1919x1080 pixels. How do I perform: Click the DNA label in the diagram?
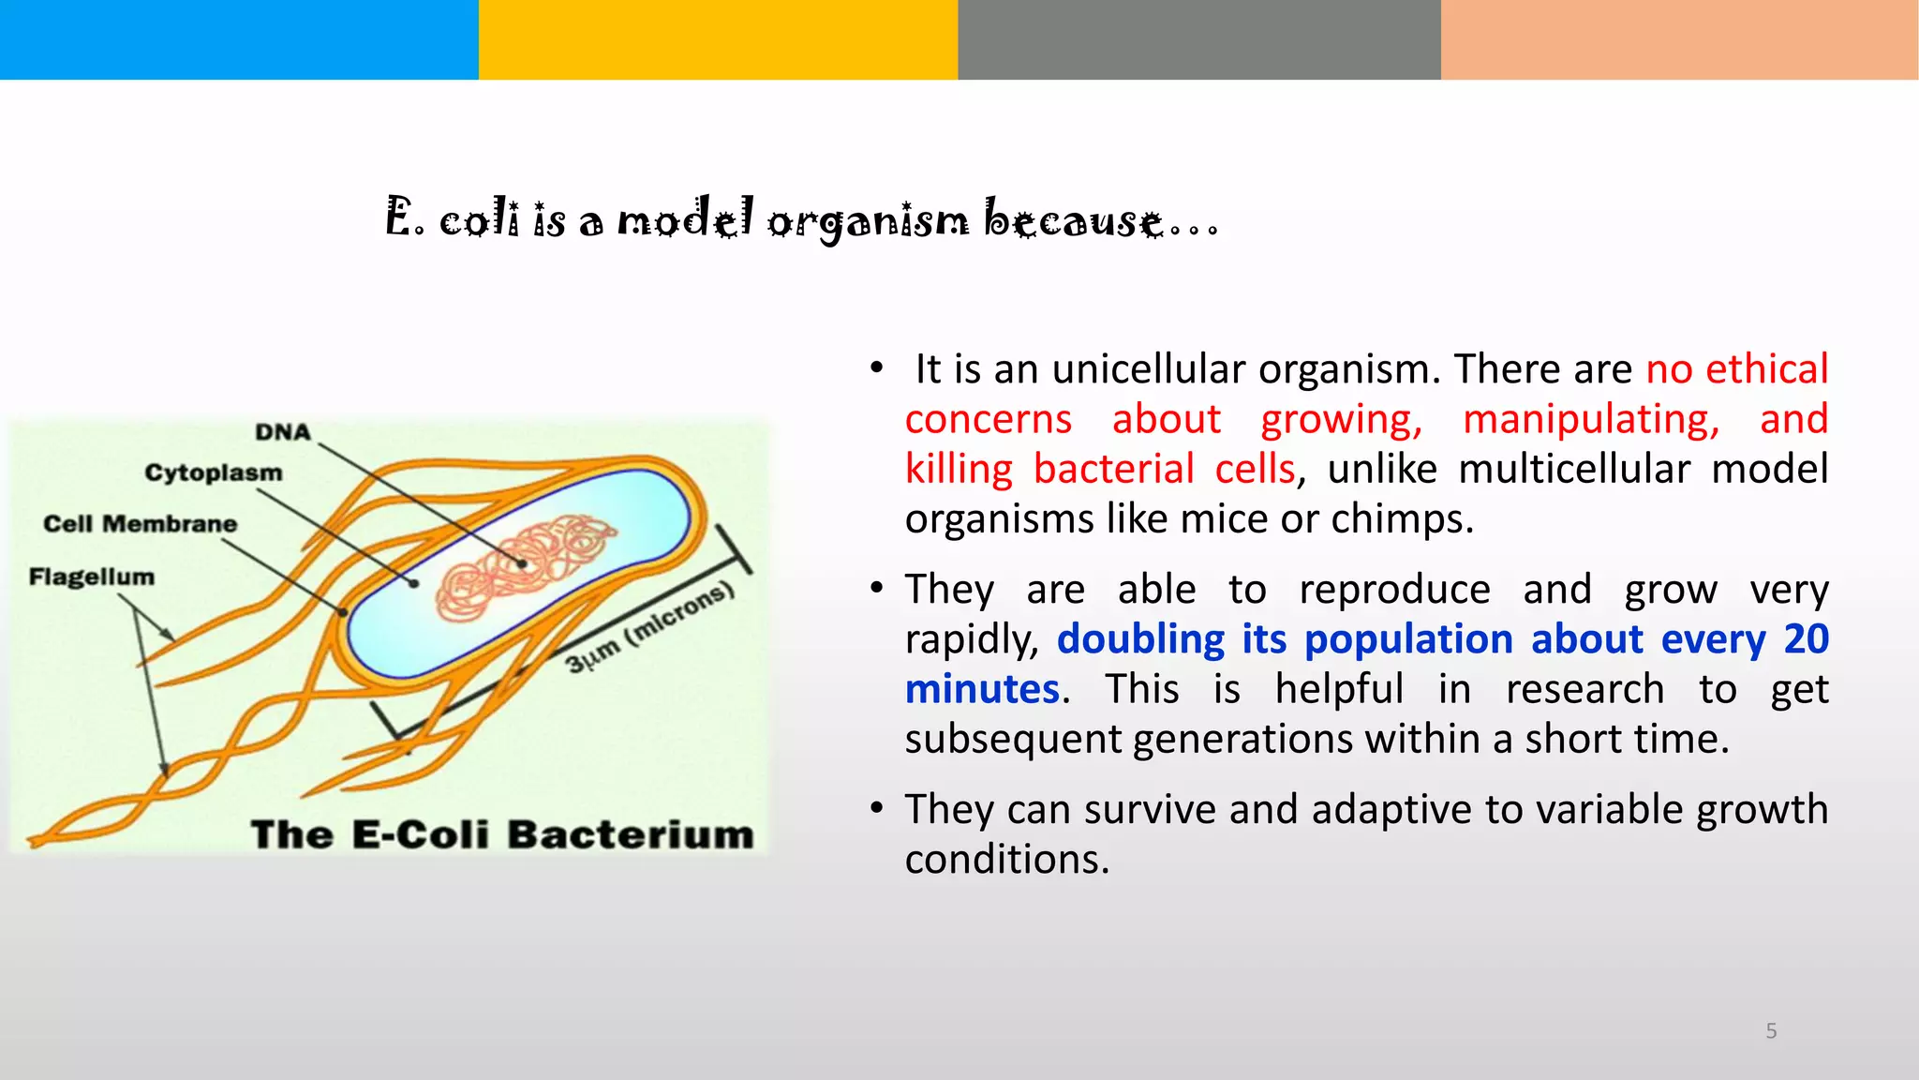(282, 432)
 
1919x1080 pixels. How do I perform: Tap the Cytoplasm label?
(213, 472)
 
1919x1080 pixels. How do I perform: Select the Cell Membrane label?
(140, 524)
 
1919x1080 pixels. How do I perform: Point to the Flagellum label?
(91, 577)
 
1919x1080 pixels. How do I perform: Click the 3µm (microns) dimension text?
(649, 627)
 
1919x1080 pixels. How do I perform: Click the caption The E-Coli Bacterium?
(502, 834)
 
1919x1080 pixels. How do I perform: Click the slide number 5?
(1771, 1031)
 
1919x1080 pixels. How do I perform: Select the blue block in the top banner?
(239, 39)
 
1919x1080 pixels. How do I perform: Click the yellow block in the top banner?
(718, 39)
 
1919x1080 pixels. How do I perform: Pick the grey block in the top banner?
(1198, 39)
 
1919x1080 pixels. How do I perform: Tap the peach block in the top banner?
(1679, 39)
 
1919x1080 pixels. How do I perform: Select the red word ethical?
(1766, 369)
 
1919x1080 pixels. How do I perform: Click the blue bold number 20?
(1806, 639)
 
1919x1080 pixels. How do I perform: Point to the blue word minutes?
(982, 690)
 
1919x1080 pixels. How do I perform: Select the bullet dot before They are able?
(876, 589)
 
